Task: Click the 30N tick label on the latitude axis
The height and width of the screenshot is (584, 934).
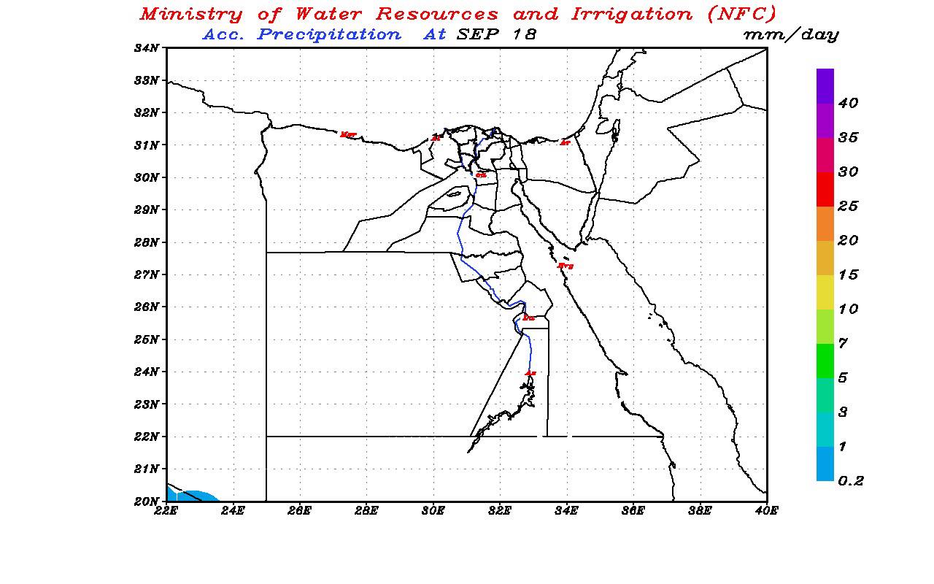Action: pyautogui.click(x=147, y=177)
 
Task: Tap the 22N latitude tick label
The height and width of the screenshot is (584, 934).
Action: pyautogui.click(x=147, y=437)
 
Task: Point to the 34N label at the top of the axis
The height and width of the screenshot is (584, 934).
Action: pyautogui.click(x=147, y=48)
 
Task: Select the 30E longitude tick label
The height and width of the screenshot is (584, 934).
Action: pyautogui.click(x=433, y=511)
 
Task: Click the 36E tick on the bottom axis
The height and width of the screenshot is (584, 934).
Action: pyautogui.click(x=633, y=511)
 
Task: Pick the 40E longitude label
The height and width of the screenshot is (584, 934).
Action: pyautogui.click(x=765, y=511)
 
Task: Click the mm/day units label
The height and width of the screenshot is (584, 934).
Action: pyautogui.click(x=790, y=34)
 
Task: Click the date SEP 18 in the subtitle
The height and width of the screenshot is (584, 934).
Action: pyautogui.click(x=496, y=34)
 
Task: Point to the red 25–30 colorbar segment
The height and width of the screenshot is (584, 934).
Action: pyautogui.click(x=825, y=189)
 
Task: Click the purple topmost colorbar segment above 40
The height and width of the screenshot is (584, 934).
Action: pyautogui.click(x=825, y=86)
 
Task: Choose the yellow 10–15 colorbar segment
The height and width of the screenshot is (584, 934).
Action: pyautogui.click(x=825, y=292)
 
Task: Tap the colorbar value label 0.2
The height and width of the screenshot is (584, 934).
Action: pyautogui.click(x=851, y=481)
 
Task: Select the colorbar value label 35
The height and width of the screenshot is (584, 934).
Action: pyautogui.click(x=849, y=138)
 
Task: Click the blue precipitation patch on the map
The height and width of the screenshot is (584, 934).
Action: pyautogui.click(x=193, y=496)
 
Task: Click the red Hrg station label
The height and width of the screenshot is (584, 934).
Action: pyautogui.click(x=566, y=266)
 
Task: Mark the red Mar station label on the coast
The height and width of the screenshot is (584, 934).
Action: pyautogui.click(x=348, y=134)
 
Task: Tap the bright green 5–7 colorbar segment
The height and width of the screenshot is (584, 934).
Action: pyautogui.click(x=825, y=361)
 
